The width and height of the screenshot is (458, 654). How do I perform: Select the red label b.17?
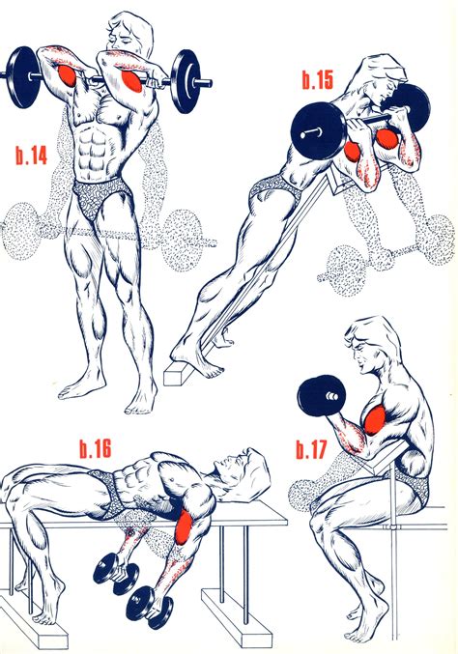tap(315, 450)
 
